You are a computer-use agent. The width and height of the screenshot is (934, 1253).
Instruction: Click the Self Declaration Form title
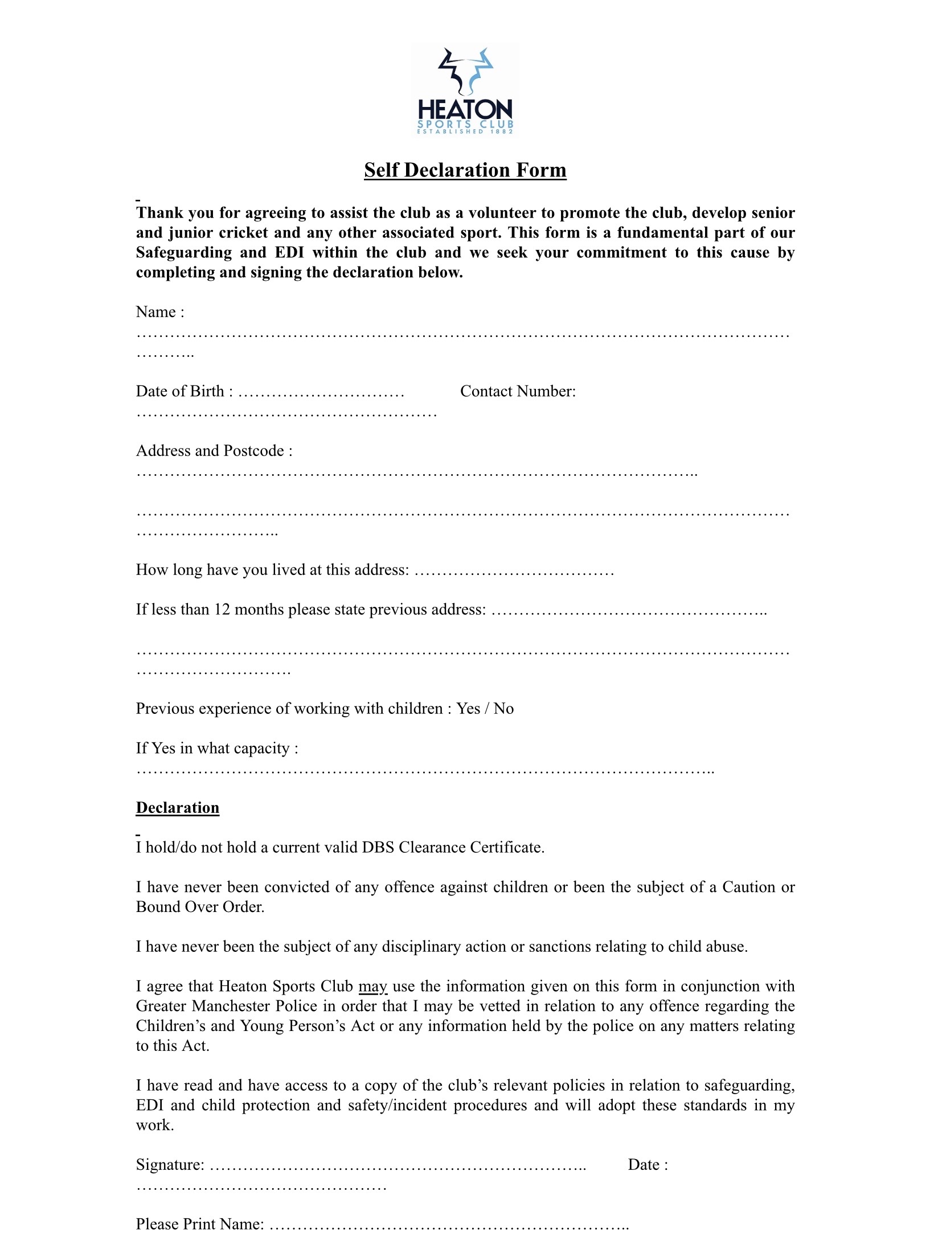click(465, 170)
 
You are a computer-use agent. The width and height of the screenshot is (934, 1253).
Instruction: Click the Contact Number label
click(518, 391)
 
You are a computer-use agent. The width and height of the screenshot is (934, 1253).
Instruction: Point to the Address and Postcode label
click(214, 451)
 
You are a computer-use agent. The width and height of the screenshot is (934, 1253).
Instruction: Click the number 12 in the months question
click(222, 610)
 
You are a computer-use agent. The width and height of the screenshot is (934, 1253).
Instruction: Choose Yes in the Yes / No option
click(468, 709)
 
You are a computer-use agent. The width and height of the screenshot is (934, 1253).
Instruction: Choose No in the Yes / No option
click(503, 709)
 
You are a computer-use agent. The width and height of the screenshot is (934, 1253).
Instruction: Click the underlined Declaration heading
click(177, 808)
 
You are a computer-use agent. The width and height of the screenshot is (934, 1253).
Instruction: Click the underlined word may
click(373, 987)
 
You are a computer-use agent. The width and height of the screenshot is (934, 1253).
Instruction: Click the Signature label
click(170, 1165)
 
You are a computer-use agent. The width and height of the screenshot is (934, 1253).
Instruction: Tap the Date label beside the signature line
click(647, 1165)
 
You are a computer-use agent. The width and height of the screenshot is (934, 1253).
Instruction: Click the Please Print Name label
click(199, 1225)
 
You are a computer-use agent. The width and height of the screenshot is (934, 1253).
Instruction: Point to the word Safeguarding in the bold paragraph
click(183, 253)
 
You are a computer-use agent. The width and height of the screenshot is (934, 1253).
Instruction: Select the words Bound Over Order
click(199, 907)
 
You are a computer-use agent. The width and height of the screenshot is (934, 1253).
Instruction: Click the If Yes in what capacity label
click(216, 749)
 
